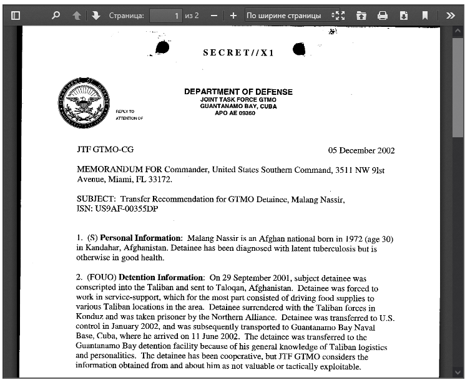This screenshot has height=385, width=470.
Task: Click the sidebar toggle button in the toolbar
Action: tap(16, 16)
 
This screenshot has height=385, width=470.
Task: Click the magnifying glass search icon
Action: tap(56, 16)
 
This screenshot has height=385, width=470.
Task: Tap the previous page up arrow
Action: tap(77, 16)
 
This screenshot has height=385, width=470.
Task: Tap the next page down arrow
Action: tap(95, 16)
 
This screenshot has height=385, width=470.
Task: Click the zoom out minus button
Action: tap(214, 16)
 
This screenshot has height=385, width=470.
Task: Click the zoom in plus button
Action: tap(233, 16)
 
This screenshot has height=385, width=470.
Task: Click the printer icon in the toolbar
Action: tap(383, 16)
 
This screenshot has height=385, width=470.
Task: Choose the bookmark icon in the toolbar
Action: tap(425, 16)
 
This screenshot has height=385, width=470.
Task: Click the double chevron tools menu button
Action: tap(451, 16)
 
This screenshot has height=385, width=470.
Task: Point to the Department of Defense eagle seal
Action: tap(84, 104)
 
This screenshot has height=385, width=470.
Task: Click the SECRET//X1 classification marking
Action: tap(238, 52)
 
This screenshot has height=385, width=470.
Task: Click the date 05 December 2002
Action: tap(361, 150)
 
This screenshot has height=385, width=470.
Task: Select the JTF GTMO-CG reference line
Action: tap(105, 150)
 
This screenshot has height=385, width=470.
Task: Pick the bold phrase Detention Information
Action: tap(162, 277)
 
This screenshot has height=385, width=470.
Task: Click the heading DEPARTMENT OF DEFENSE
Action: tap(238, 92)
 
